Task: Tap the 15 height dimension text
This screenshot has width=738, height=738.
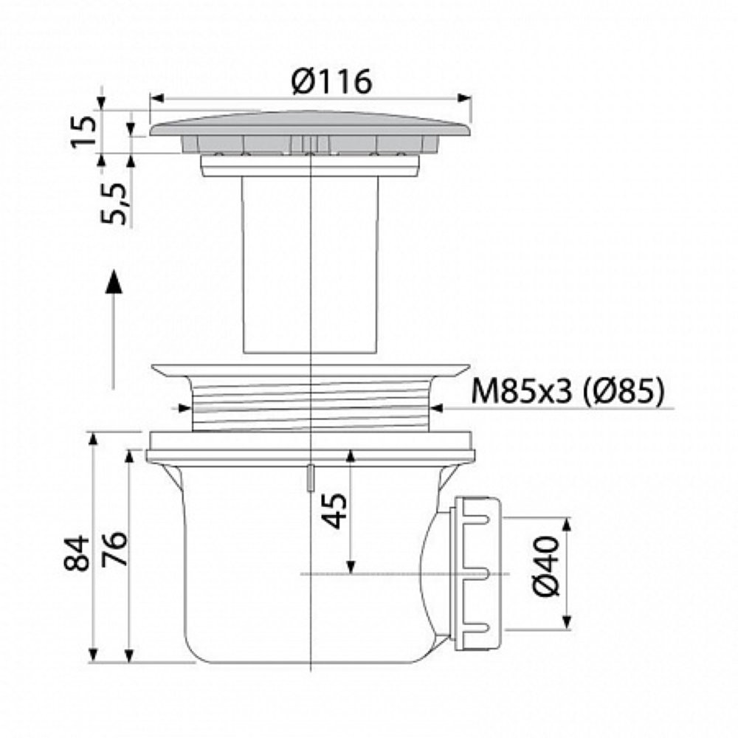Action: coord(84,131)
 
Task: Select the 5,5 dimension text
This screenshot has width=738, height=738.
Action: coord(114,204)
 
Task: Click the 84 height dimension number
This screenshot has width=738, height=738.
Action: coord(77,553)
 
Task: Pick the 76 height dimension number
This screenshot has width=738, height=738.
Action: coord(114,548)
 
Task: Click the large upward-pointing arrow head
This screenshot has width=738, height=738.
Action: coord(112,281)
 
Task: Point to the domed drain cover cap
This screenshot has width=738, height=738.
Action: coord(311,124)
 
